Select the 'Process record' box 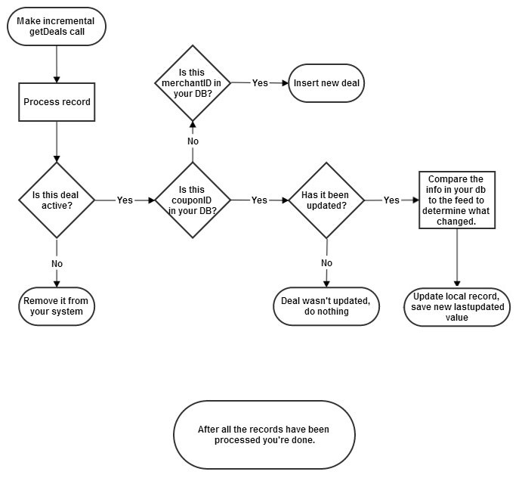click(x=57, y=102)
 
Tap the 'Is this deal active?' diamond click(x=57, y=200)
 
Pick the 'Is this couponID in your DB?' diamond click(x=193, y=200)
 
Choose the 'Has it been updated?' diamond click(x=327, y=200)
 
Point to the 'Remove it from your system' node click(x=57, y=306)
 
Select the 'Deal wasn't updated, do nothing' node click(x=326, y=306)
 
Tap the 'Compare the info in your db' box click(x=456, y=200)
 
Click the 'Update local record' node click(x=457, y=306)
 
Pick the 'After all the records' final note click(x=264, y=434)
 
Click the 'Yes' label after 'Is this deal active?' click(x=125, y=200)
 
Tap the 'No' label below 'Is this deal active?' click(x=57, y=263)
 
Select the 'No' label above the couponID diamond click(x=193, y=141)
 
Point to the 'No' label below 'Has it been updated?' click(x=326, y=263)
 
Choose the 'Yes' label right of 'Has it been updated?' click(x=391, y=200)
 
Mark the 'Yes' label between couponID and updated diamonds click(x=259, y=200)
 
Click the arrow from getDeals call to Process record click(x=57, y=64)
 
